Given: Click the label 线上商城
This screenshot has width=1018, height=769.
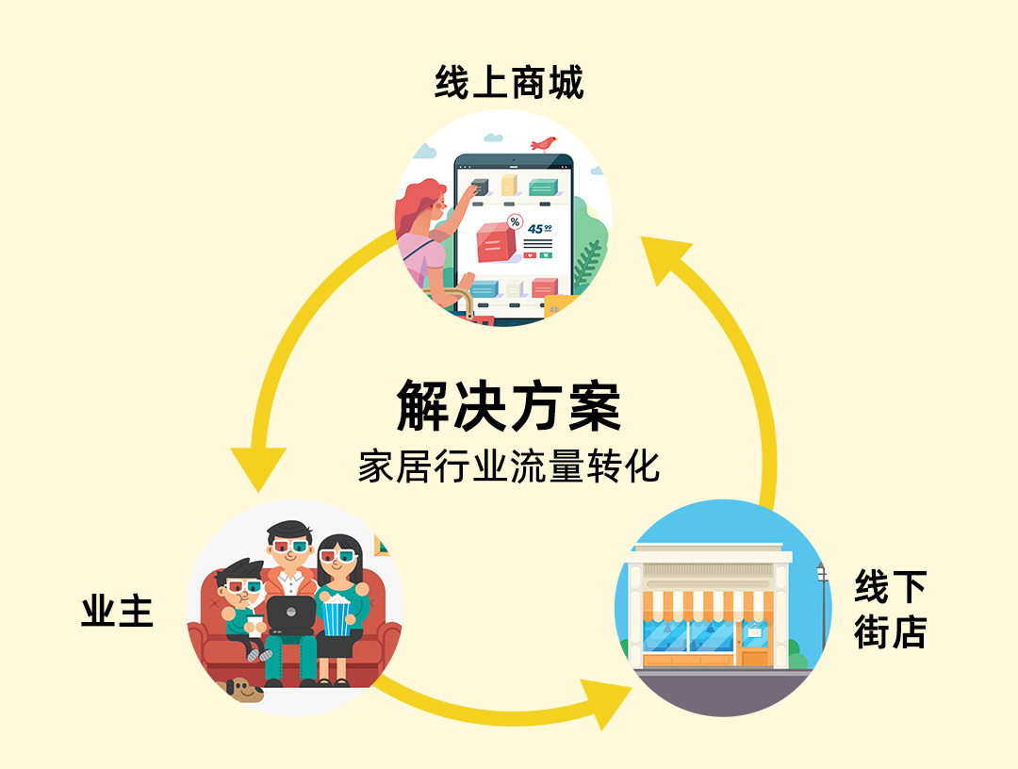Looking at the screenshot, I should coord(509,83).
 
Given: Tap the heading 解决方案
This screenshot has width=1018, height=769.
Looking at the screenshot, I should coord(509,407).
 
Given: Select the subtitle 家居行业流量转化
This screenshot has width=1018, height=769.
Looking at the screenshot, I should coord(509,466).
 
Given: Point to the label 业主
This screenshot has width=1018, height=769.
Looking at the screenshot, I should coord(117,613).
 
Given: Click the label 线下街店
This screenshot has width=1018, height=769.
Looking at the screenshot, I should coord(890,610).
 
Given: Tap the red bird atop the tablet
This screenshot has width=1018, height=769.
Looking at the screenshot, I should coord(543,143).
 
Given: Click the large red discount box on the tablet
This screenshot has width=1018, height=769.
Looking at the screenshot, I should coord(497,241).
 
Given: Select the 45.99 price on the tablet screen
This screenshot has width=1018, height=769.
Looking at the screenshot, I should coord(539,228).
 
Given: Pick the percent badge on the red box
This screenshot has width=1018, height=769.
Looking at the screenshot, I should coord(515,222).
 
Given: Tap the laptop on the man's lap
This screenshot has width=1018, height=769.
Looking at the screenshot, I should coord(289,614).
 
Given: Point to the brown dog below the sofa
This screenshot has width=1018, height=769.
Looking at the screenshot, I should coord(242,690).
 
